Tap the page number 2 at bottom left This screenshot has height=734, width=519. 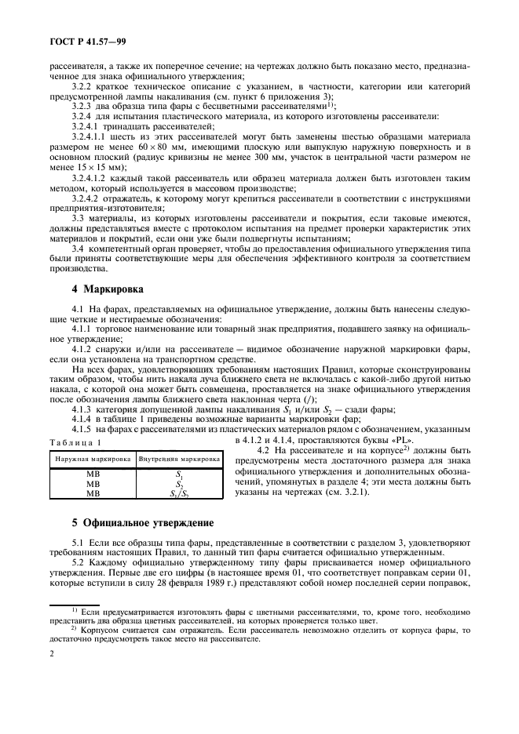(51, 671)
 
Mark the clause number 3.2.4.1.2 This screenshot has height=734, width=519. (93, 178)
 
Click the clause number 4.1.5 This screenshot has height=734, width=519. (82, 429)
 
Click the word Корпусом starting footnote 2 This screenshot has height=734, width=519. (101, 630)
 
